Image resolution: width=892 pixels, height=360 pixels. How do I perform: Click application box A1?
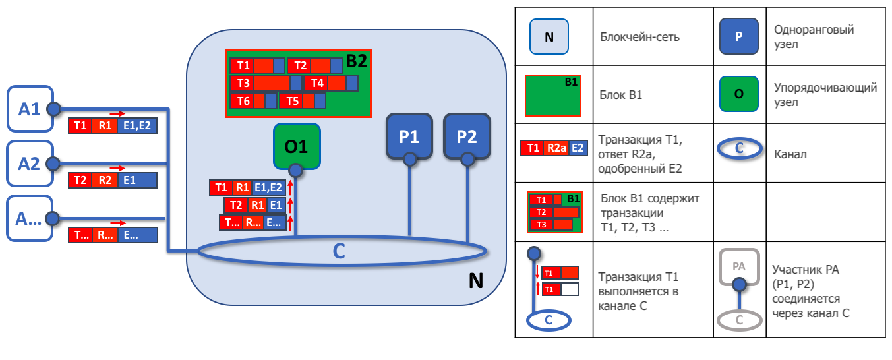point(30,109)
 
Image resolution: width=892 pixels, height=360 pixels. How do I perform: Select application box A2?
point(30,164)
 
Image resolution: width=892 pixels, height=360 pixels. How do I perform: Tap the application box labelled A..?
point(30,218)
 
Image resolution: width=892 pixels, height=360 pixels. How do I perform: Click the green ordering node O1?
point(297,146)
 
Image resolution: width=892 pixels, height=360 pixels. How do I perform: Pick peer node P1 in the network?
point(409,136)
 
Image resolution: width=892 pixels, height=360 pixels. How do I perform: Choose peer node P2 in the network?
point(467,136)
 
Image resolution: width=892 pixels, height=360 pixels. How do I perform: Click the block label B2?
point(357,61)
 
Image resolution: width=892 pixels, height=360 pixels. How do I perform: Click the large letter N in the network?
point(476,281)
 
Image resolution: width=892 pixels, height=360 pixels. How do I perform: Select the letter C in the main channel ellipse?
point(338,251)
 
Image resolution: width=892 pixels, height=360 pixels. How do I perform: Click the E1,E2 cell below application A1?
point(137,126)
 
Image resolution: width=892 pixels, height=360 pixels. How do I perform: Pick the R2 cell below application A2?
point(105,181)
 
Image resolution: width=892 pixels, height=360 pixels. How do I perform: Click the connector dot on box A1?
point(54,109)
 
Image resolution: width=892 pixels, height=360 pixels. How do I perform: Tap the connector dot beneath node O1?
point(295,171)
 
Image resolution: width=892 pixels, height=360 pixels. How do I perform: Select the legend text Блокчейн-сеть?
point(639,37)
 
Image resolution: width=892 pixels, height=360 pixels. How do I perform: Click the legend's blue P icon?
point(738,36)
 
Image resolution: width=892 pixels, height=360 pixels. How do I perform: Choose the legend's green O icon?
point(738,94)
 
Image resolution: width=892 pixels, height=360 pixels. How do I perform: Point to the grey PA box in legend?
point(739,266)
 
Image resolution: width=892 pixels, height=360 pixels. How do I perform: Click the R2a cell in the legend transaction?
point(556,148)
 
